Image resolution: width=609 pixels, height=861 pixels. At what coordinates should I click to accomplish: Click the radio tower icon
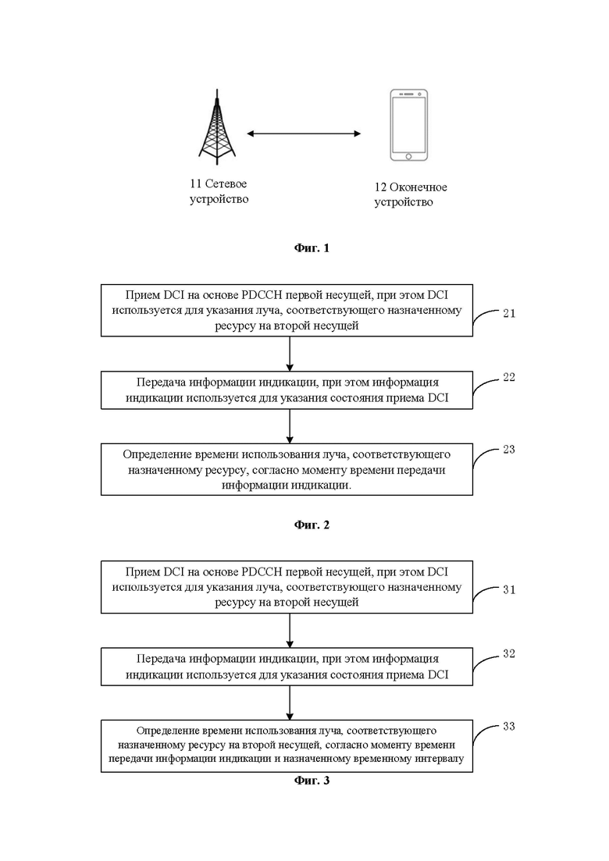pos(217,126)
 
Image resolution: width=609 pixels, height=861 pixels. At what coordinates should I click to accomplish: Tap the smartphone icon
pos(408,125)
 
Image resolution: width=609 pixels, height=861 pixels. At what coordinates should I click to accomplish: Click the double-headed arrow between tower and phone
pos(304,133)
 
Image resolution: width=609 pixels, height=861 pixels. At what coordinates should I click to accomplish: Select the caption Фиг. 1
pos(312,247)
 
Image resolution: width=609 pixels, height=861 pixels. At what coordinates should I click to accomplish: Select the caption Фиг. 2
pos(312,525)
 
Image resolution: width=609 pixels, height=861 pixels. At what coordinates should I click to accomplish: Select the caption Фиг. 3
pos(312,781)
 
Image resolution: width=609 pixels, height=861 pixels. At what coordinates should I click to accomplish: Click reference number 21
pos(509,313)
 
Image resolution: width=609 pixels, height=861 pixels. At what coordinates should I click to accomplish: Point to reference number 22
pos(509,377)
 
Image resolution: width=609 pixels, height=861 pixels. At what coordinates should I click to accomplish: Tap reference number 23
pos(509,449)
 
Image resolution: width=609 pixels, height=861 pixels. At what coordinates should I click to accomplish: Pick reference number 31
pos(509,589)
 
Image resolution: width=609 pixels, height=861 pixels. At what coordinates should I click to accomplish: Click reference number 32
pos(509,653)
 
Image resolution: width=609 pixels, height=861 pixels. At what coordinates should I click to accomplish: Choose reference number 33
pos(509,726)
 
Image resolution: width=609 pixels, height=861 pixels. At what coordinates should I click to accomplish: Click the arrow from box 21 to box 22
pos(290,354)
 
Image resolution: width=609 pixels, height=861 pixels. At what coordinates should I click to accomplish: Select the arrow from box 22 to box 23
pos(290,426)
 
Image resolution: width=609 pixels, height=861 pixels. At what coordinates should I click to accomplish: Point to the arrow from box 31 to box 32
pos(290,631)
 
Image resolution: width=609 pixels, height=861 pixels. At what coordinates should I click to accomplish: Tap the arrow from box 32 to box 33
pos(290,703)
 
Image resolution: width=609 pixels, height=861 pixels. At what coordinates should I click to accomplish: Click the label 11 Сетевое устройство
pos(219,191)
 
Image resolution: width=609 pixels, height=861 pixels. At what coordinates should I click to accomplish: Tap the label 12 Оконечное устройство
pos(410,194)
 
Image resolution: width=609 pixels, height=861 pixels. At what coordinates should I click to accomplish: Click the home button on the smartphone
pos(408,156)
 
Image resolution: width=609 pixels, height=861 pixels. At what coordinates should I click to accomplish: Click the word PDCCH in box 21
pos(262,295)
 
